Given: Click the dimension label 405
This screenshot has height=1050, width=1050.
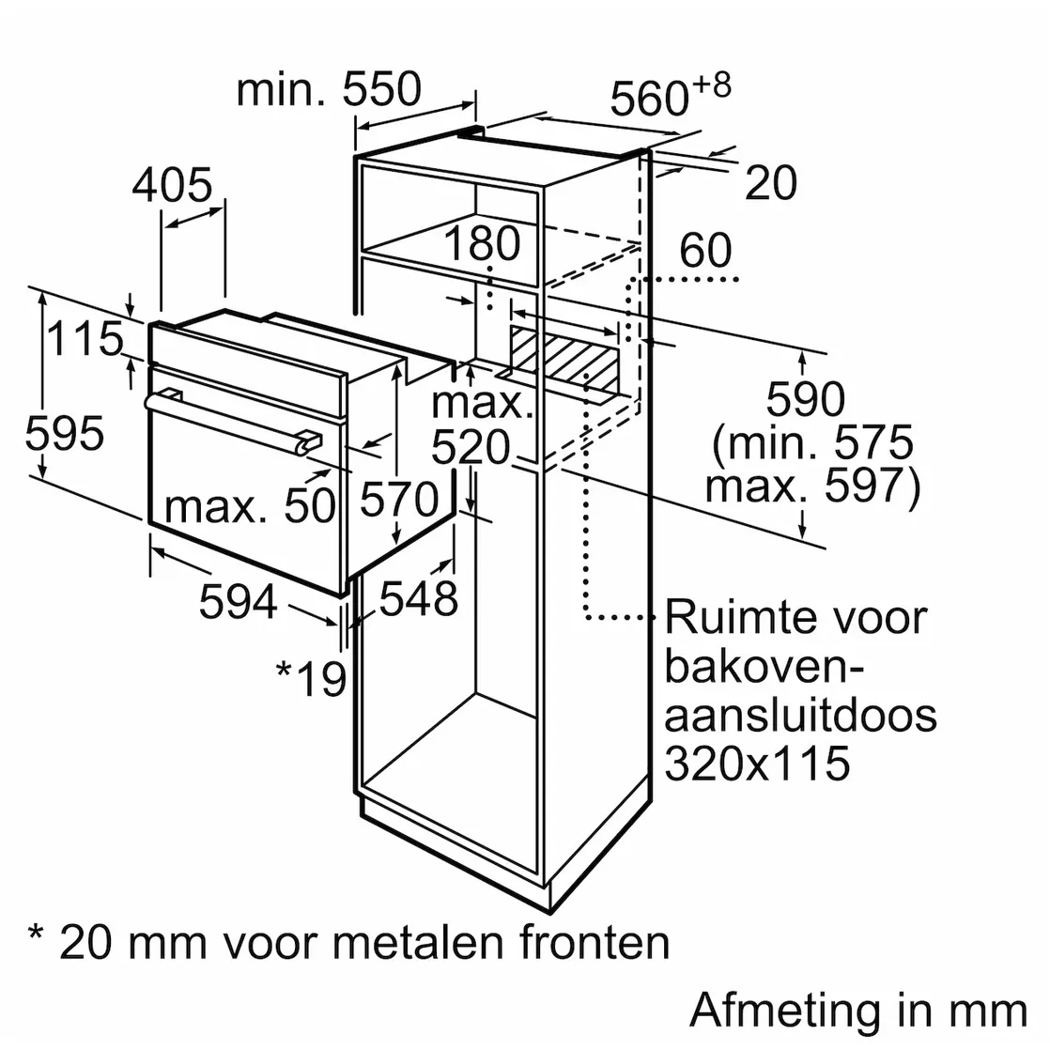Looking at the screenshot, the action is pos(172,185).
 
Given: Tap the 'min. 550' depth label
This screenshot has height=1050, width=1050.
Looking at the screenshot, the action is pos(329,88).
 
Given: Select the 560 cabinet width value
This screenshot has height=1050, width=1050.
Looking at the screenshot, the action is pos(649,99).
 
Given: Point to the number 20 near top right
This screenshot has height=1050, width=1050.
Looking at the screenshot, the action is pos(771,182).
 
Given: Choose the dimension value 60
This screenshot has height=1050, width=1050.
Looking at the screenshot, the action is pos(706,251).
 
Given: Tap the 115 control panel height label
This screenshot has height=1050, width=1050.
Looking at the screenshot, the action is pos(85,338).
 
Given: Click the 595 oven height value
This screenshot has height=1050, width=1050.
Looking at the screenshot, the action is pos(64,433).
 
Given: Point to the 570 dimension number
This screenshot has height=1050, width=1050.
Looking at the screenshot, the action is pos(399,499).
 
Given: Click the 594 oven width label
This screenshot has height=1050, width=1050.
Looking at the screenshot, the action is pos(239,601).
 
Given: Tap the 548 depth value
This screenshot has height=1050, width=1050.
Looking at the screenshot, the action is pos(419,598).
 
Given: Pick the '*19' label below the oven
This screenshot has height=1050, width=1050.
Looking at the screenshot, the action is pos(312,678).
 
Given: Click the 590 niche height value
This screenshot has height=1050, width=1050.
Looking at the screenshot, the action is pos(806,399).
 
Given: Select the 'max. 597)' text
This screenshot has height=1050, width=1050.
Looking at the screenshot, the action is pos(813,485).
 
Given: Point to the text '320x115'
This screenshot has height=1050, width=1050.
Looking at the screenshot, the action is pos(757,763).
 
